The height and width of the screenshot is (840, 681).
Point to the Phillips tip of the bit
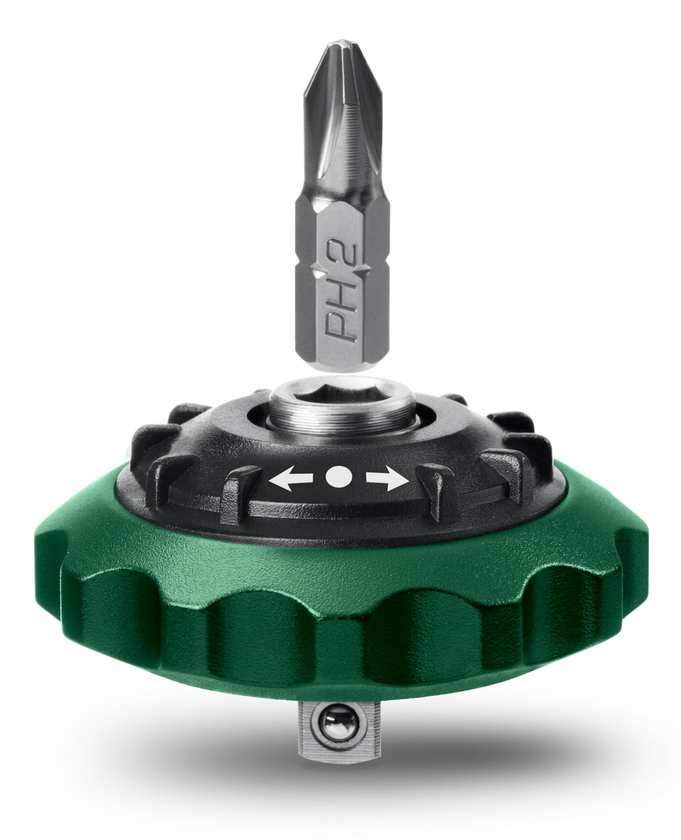click(339, 50)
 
